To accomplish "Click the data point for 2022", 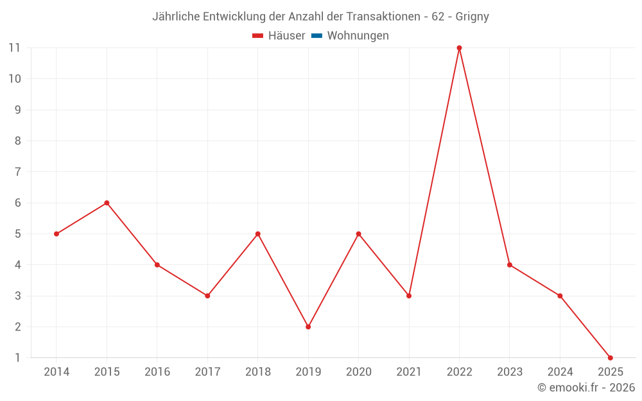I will (x=459, y=47).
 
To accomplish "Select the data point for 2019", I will (x=308, y=327).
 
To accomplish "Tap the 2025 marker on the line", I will (x=610, y=357).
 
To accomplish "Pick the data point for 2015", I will (x=107, y=203).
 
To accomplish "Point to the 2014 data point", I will (x=56, y=234).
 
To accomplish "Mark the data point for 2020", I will (x=358, y=234).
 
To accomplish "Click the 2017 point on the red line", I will (x=207, y=296).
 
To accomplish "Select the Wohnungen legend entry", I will (x=358, y=36).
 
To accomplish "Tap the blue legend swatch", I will (x=317, y=36).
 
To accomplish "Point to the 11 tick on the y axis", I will (x=14, y=47).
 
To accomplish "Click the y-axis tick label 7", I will (x=17, y=171).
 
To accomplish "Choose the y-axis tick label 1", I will (x=17, y=357).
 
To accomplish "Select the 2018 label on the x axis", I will (x=257, y=372).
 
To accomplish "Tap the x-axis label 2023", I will (x=510, y=372).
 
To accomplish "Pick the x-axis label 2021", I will (x=409, y=372).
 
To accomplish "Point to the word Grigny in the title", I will (x=472, y=17).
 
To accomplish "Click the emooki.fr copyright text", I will (x=586, y=388).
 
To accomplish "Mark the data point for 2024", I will (x=560, y=296).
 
